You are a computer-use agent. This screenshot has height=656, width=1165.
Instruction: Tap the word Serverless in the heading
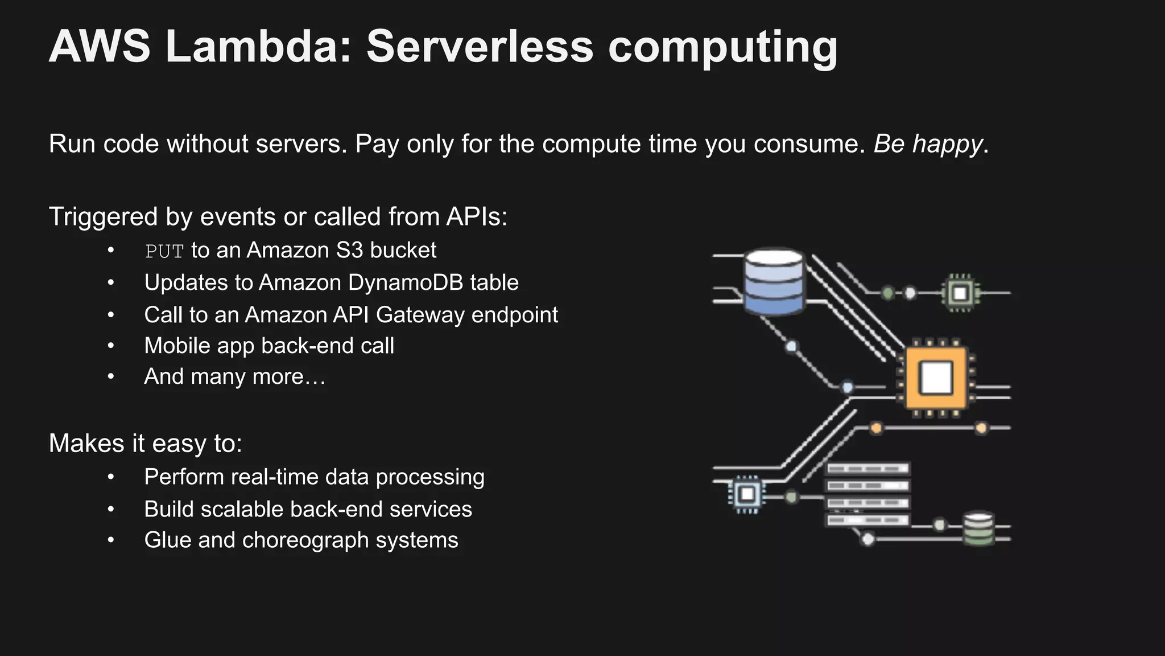coord(480,47)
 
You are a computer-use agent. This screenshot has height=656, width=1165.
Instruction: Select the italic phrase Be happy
coord(928,144)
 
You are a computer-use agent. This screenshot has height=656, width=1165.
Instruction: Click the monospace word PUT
coord(164,251)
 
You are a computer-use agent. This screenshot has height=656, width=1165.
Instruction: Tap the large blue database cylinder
coord(774,282)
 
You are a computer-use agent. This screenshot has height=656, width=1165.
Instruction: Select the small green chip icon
coord(960,293)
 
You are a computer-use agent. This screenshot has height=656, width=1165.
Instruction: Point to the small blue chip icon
coord(747,494)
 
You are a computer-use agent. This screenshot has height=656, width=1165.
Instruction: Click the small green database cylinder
coord(978,529)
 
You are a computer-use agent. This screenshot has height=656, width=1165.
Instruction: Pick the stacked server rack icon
coord(867,494)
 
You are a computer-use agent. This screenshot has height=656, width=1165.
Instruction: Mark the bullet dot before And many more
coord(111,376)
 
